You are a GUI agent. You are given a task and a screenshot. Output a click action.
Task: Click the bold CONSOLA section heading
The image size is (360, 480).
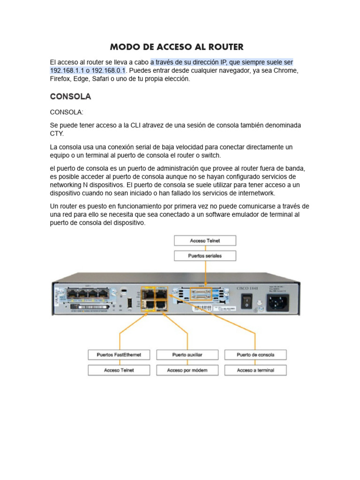(x=70, y=97)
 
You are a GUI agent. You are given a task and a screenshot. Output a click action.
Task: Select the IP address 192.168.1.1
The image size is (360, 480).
(x=68, y=70)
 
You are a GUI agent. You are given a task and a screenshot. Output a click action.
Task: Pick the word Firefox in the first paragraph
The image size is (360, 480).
(x=61, y=79)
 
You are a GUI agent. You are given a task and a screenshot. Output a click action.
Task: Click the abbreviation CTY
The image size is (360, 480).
(x=57, y=134)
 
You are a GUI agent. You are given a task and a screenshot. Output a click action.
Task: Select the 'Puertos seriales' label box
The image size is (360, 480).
(x=205, y=256)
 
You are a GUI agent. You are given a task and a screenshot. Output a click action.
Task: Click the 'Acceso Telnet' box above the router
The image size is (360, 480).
(x=205, y=240)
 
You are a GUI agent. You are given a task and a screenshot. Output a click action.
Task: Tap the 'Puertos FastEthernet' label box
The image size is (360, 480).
(x=119, y=355)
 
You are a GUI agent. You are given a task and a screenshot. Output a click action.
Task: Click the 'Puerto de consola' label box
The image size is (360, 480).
(x=255, y=355)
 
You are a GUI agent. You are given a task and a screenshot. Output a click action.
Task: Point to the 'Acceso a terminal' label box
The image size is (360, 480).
(x=255, y=370)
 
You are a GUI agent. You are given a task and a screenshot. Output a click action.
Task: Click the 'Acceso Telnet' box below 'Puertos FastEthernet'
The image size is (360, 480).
(x=119, y=370)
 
